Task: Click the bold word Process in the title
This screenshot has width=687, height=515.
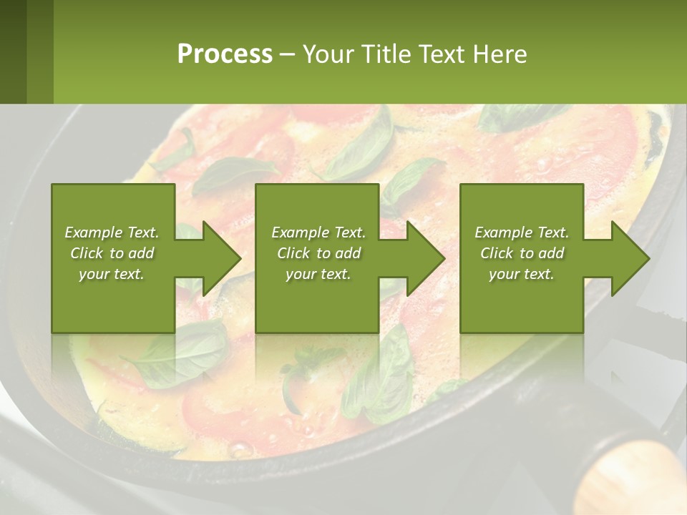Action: coord(225,54)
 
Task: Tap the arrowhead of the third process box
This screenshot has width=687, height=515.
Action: coord(630,258)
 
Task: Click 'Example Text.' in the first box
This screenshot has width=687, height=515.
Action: coord(112,232)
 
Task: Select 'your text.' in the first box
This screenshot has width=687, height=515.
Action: coord(112,274)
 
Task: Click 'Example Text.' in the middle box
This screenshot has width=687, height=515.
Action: coord(318,232)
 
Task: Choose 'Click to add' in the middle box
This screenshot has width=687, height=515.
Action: coord(318,253)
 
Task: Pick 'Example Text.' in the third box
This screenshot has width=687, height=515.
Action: coord(522,232)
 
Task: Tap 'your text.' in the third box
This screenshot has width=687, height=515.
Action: coord(522,274)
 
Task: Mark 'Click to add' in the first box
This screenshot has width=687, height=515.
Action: coord(112,253)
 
